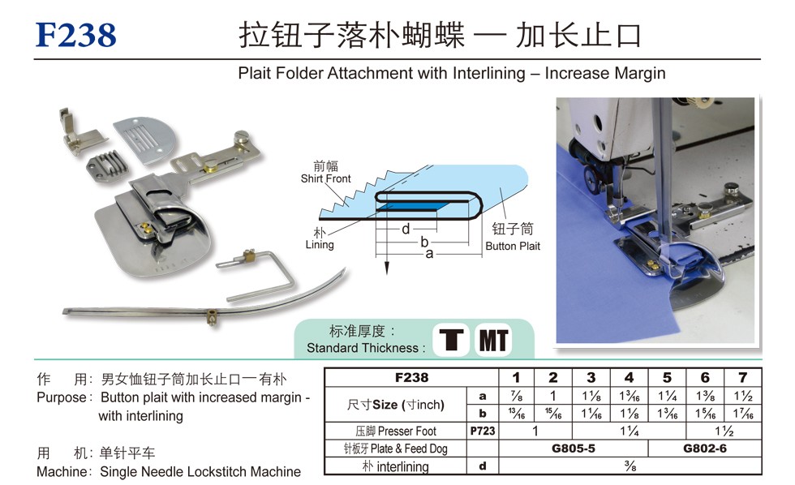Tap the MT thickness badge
(x=493, y=340)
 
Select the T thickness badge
(x=451, y=340)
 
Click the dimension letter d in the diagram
(x=406, y=229)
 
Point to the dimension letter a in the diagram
(x=429, y=253)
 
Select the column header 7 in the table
(x=743, y=378)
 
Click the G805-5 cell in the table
(x=574, y=449)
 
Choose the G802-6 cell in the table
(x=705, y=449)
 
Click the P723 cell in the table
(x=482, y=431)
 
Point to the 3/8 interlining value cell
(x=630, y=466)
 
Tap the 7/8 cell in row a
(x=516, y=396)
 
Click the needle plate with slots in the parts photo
(x=144, y=139)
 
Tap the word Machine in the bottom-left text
(x=62, y=472)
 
